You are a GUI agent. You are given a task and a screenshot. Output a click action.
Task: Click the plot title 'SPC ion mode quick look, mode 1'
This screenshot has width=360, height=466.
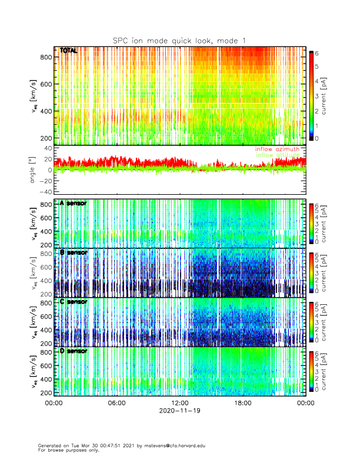179,40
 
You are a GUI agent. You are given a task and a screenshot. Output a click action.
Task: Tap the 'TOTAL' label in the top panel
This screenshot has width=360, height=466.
68,51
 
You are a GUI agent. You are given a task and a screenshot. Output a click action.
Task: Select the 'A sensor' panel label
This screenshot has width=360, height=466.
74,203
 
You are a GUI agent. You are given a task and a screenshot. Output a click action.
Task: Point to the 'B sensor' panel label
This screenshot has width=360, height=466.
74,252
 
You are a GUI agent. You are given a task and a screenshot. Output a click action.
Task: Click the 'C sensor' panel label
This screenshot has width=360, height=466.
74,301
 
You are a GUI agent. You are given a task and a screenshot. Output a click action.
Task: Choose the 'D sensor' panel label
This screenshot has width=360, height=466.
74,351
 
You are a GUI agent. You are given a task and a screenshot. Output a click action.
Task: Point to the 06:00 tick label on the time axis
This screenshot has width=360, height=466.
116,404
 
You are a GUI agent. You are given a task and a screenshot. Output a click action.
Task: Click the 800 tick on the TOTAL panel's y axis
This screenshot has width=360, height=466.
46,57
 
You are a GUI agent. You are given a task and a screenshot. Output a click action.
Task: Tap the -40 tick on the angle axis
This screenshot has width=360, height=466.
44,192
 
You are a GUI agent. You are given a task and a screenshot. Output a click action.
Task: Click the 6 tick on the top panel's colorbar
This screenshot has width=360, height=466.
319,54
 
